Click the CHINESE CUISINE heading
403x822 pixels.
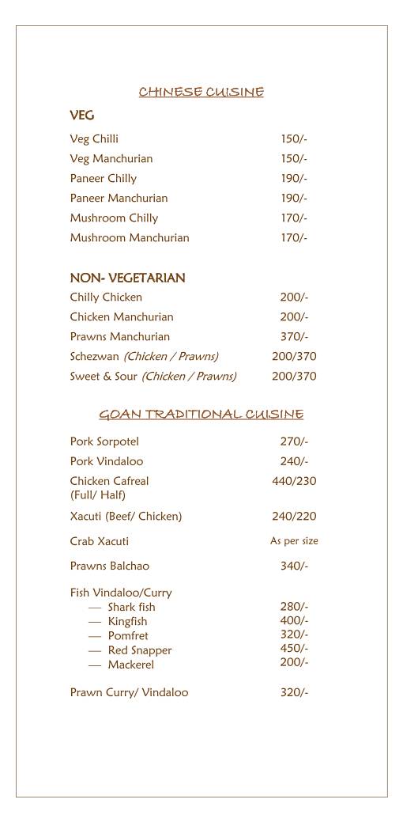(x=201, y=93)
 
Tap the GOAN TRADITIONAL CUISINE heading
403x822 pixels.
(x=201, y=415)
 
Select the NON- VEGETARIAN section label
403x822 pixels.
(x=127, y=278)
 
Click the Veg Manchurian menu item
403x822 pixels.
(x=111, y=158)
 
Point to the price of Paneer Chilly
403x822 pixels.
(x=294, y=178)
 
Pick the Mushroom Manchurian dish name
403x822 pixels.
(x=130, y=237)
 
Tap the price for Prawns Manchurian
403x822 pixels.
(x=294, y=336)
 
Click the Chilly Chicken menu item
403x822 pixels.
(x=106, y=297)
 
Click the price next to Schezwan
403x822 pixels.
(x=294, y=356)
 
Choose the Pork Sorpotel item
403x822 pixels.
(x=104, y=441)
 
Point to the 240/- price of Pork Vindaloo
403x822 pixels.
(x=294, y=461)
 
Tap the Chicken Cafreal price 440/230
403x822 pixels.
(x=294, y=481)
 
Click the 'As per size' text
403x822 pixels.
(x=294, y=541)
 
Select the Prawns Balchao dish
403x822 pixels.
(x=109, y=566)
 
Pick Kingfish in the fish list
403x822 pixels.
(x=127, y=621)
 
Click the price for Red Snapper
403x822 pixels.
(x=294, y=648)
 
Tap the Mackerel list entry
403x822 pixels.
(x=131, y=665)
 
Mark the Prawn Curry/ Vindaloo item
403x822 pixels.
(x=129, y=692)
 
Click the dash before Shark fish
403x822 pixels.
(x=95, y=607)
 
